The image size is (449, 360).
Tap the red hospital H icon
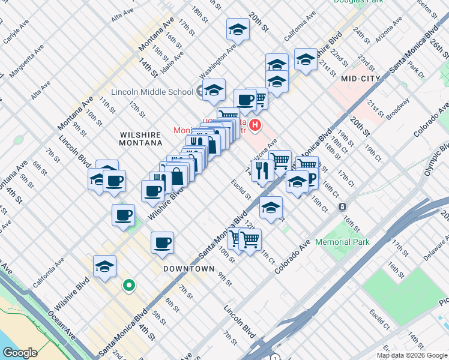pos(256,125)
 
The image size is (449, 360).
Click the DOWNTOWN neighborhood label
pos(189,269)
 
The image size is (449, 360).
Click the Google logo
pos(20,353)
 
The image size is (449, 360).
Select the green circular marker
pos(128,286)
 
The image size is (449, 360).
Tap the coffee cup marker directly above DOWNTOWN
pos(162,244)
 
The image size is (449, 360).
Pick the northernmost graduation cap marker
pos(238,29)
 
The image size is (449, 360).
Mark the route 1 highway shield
pos(275,358)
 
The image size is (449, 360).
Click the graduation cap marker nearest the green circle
pos(104,268)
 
